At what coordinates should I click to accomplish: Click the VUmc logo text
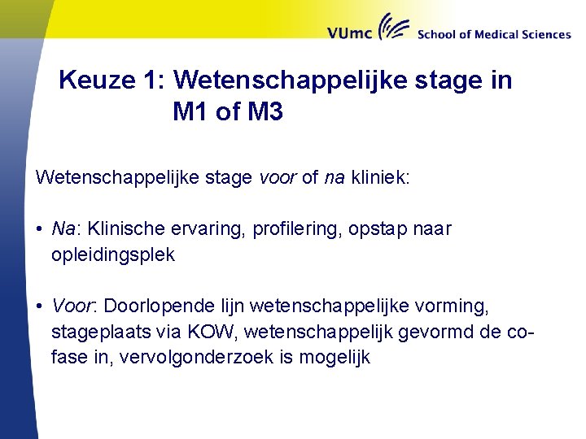pos(351,33)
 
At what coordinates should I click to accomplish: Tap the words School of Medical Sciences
pos(493,34)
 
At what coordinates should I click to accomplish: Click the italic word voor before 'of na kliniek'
pos(278,178)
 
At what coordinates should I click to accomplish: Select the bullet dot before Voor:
pos(39,307)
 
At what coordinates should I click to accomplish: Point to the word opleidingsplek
pos(112,255)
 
